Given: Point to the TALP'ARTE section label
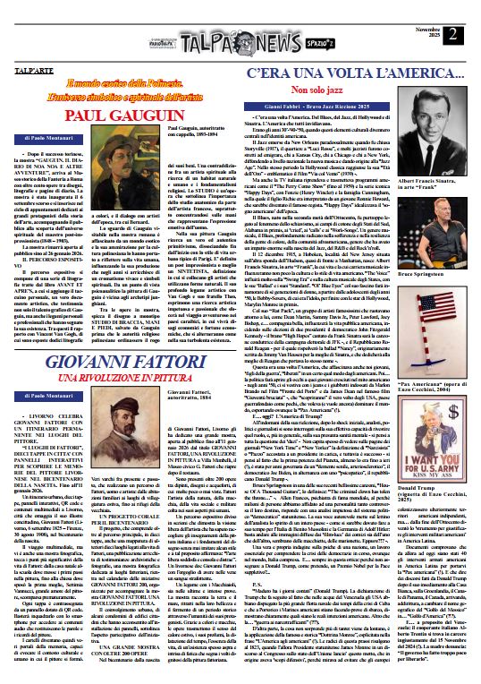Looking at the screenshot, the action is click(x=30, y=69).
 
